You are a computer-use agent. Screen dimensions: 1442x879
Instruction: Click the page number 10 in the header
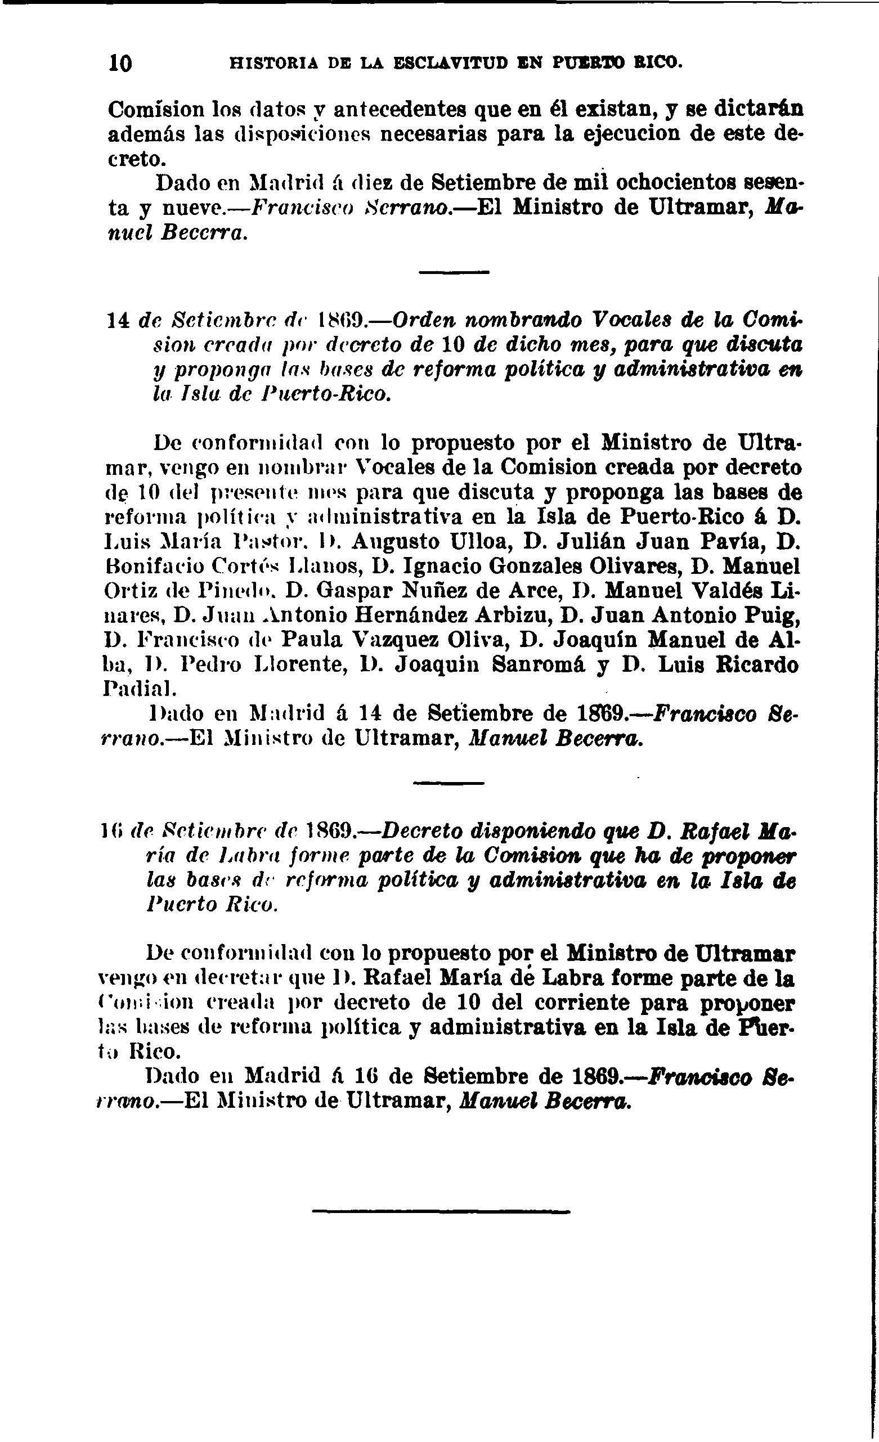tap(120, 63)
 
